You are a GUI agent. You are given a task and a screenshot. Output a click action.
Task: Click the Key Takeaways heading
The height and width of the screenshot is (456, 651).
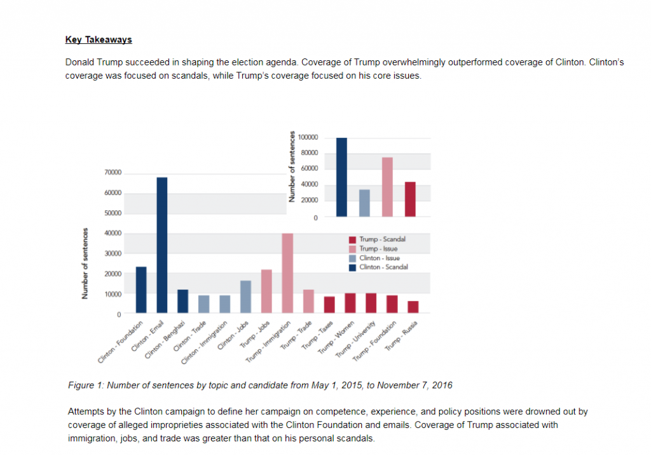pos(99,39)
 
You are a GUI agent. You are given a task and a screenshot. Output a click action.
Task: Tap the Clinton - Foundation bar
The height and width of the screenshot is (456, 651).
pos(141,290)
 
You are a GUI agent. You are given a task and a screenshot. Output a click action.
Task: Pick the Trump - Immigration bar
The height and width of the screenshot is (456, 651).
pos(287,273)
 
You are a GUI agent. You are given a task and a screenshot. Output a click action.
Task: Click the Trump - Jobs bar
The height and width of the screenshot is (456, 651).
pos(266,292)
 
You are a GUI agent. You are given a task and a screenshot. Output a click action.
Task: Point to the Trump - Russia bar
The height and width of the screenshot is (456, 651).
pos(413,307)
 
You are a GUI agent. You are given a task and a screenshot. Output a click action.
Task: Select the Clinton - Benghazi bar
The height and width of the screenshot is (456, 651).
pos(183,301)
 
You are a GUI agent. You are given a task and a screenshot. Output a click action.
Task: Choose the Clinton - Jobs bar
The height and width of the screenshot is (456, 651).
pos(245,297)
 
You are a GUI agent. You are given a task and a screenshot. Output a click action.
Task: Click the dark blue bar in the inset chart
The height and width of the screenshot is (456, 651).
pos(342,177)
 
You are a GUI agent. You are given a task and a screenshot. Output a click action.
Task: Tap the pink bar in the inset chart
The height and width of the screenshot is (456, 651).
pos(387,187)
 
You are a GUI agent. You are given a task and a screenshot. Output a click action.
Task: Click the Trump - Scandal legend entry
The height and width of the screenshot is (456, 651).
pos(378,239)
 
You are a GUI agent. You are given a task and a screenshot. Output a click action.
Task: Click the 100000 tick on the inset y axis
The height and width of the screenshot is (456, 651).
pos(308,137)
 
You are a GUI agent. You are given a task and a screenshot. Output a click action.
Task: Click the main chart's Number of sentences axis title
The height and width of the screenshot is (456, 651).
pos(84,264)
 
